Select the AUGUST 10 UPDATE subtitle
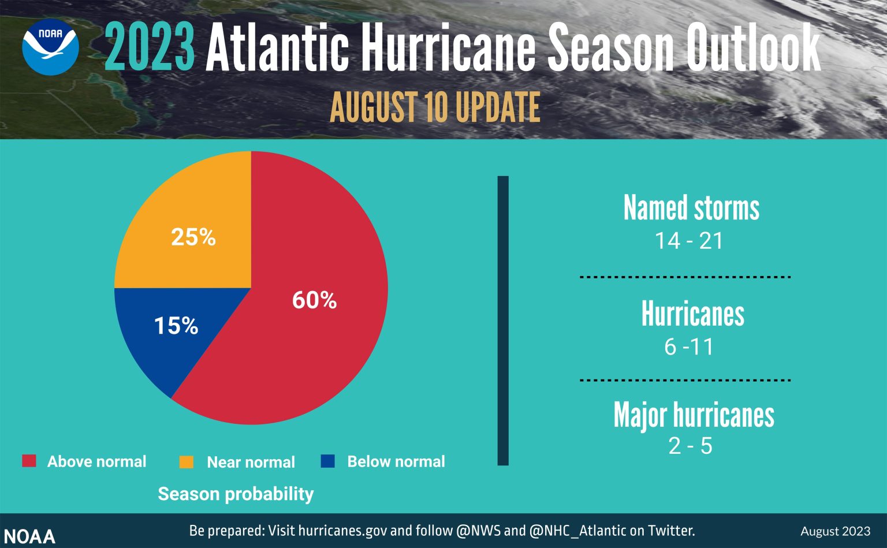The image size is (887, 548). [x=435, y=107]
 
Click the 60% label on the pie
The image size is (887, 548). [x=314, y=300]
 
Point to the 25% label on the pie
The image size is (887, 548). [x=193, y=237]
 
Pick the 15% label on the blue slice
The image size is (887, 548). [x=176, y=326]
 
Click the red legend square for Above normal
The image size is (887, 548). [x=29, y=461]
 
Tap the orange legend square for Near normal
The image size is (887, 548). [x=187, y=462]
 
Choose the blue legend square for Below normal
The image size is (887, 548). [x=327, y=461]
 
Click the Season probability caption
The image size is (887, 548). [x=236, y=494]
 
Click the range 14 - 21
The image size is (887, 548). [x=688, y=241]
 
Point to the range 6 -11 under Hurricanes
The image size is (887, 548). [x=689, y=346]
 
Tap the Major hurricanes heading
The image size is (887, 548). [x=694, y=415]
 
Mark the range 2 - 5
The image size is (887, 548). [x=690, y=446]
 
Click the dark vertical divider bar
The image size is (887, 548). [x=503, y=320]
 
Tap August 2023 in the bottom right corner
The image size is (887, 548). [x=835, y=531]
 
